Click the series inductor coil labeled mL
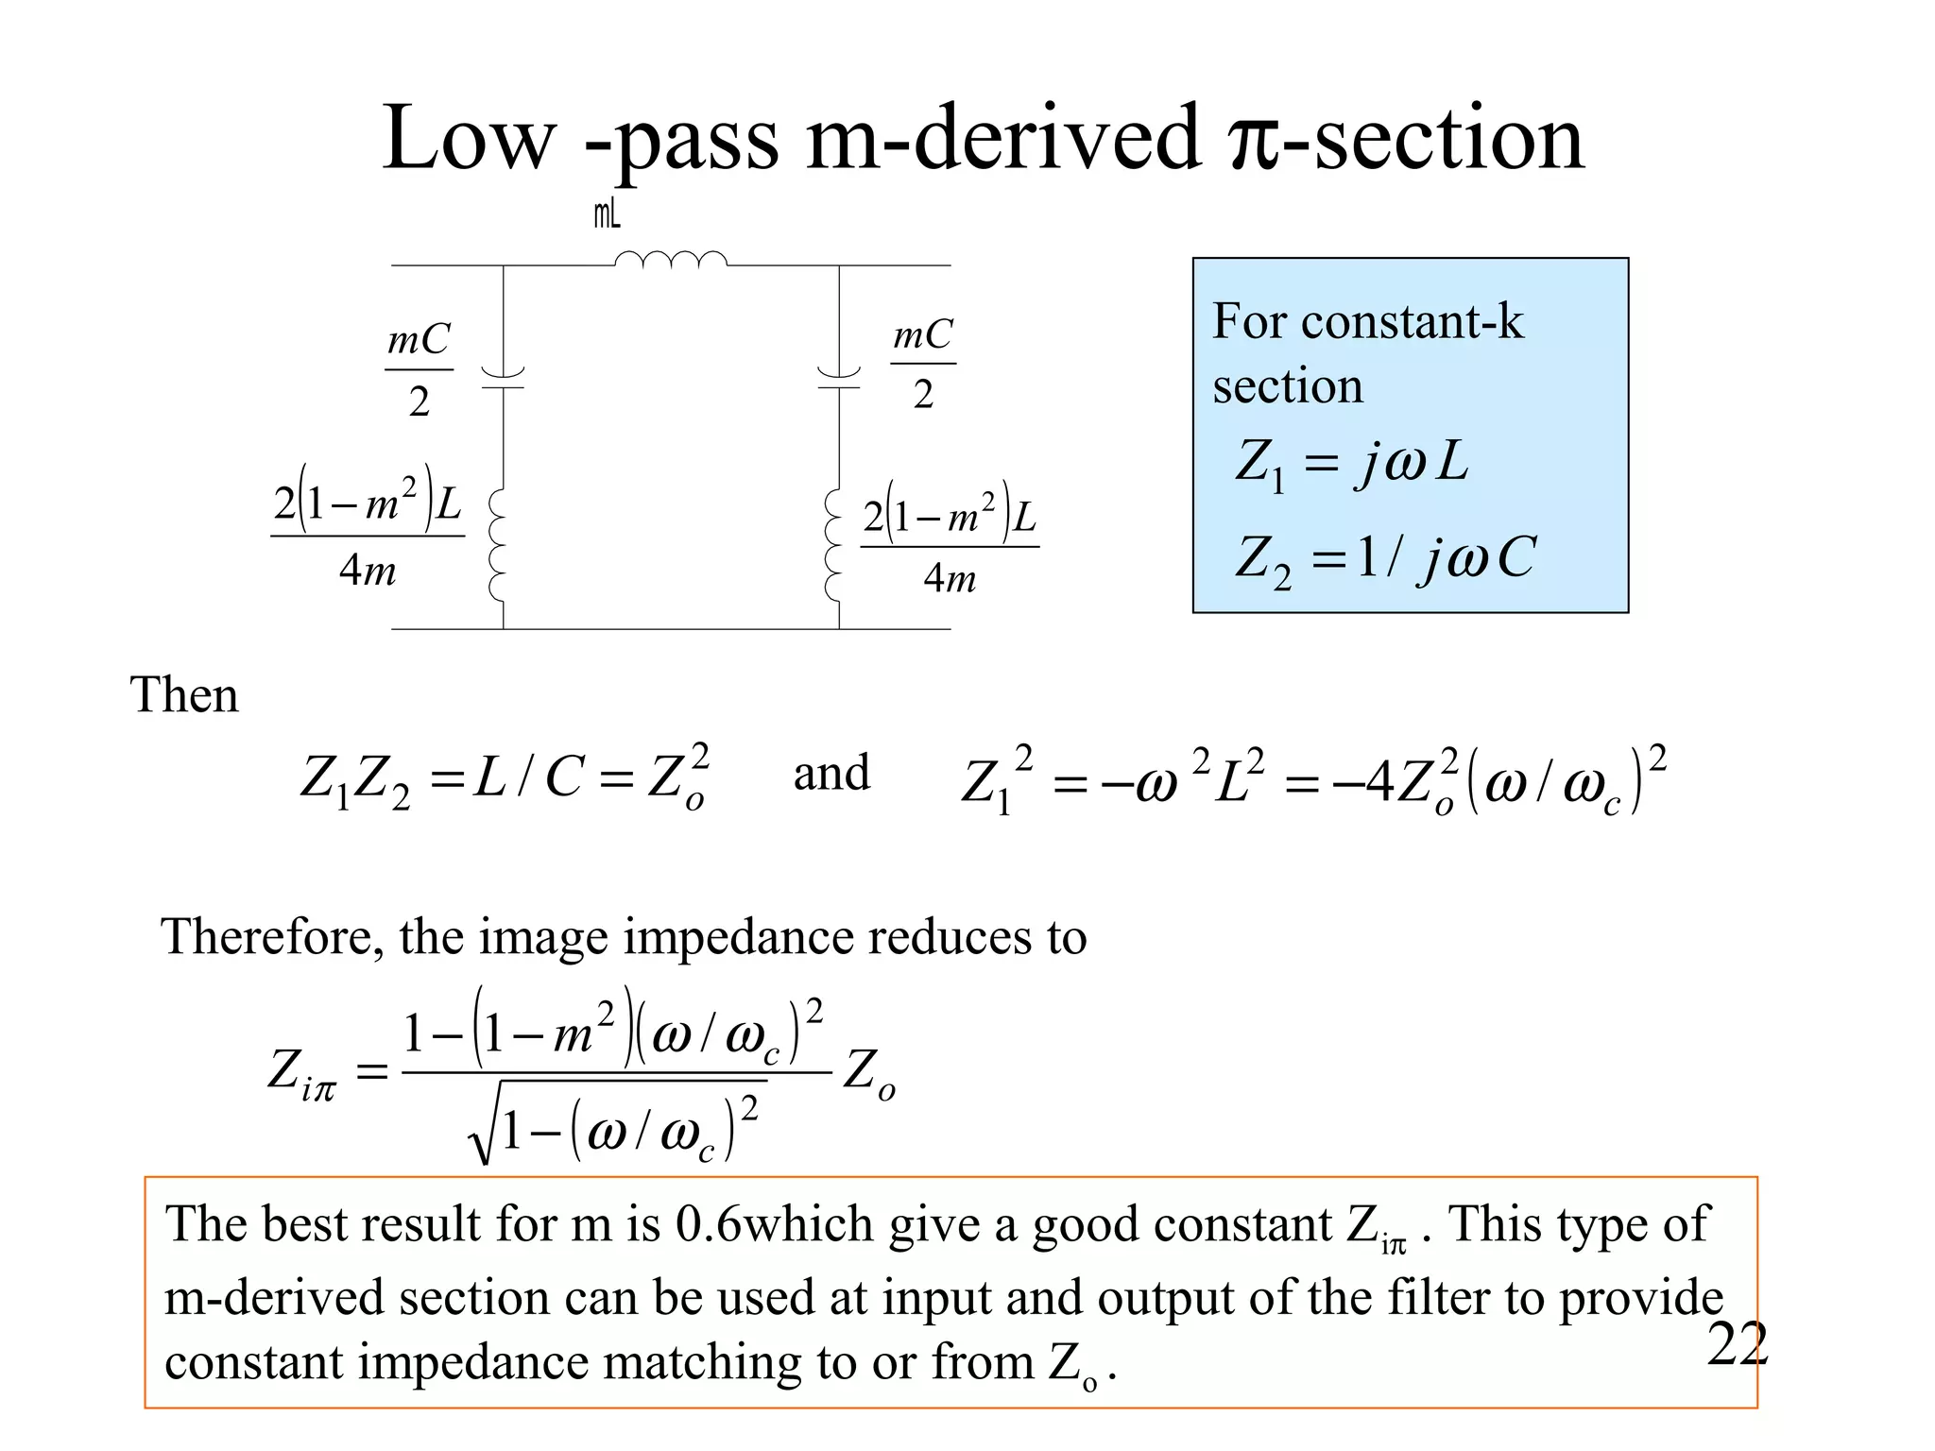tap(671, 260)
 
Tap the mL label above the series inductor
tap(608, 215)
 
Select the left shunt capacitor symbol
tap(503, 378)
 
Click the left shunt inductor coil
tap(498, 545)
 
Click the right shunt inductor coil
tap(834, 545)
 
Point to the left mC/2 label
tap(419, 369)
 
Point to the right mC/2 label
tap(923, 364)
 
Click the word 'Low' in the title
tap(469, 140)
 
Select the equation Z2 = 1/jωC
tap(1385, 558)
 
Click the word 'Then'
tap(184, 695)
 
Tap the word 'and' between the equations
tap(831, 774)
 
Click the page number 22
tap(1737, 1344)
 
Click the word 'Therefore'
tap(271, 938)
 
